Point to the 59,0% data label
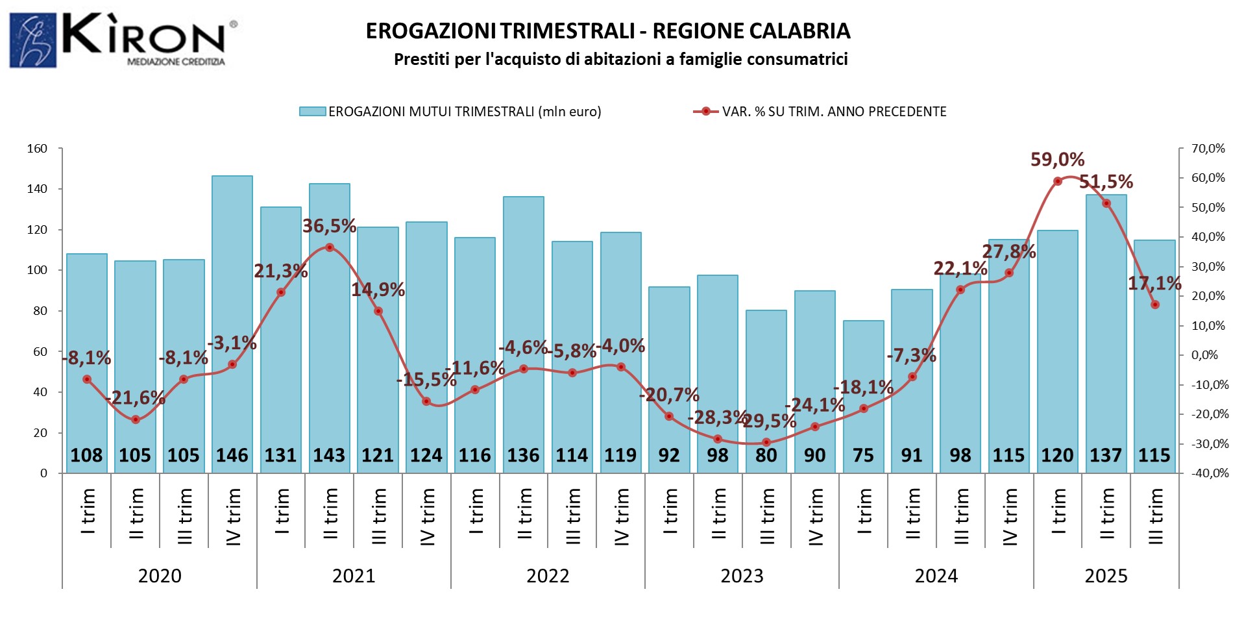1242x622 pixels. pos(1057,159)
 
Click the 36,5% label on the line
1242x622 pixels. pos(329,226)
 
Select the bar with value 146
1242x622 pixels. pos(232,325)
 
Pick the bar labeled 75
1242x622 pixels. pos(863,396)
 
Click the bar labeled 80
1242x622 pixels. pos(766,390)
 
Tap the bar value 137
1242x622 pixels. pos(1106,455)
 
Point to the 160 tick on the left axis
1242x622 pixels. pos(37,149)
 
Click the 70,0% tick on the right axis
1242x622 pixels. pos(1208,149)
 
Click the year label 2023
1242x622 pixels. pos(742,576)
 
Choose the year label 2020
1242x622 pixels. pos(160,576)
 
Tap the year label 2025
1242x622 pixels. pos(1106,576)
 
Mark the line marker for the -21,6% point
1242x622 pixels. pos(136,419)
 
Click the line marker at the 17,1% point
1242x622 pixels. pos(1155,305)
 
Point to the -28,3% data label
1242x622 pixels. pos(716,417)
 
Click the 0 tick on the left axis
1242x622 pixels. pos(43,473)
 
